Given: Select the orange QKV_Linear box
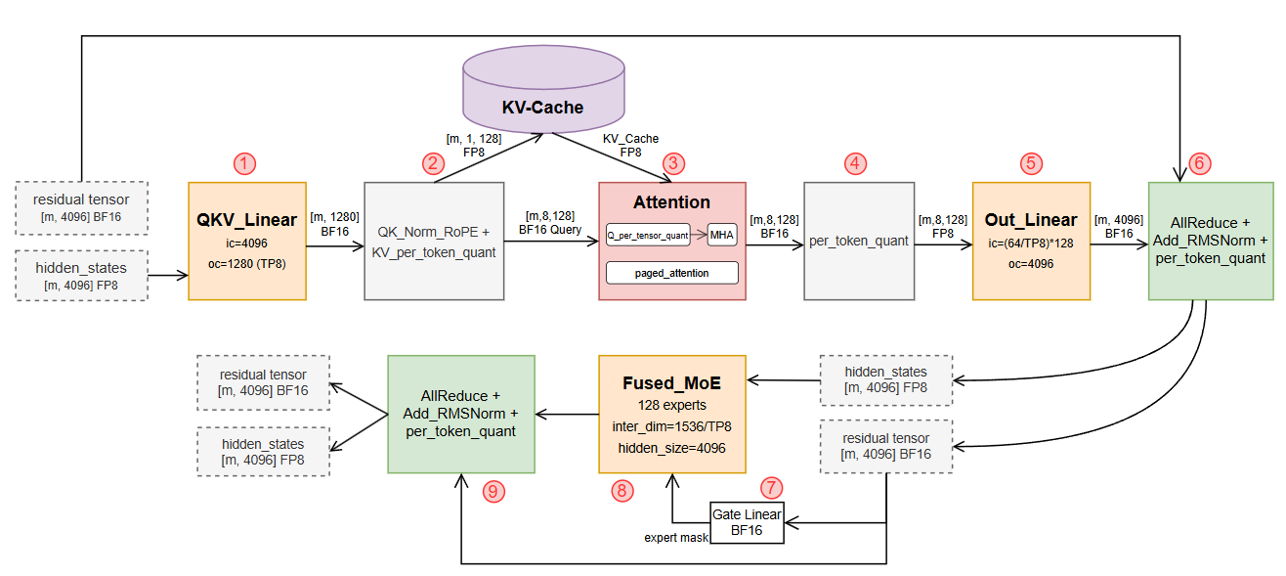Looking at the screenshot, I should [x=248, y=240].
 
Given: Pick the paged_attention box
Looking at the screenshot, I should [x=671, y=271].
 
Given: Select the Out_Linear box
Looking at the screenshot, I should [x=1030, y=240].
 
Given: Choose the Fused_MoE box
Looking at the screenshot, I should [x=672, y=413].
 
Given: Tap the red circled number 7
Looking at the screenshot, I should [x=772, y=486].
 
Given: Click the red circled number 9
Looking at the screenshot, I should [x=494, y=492].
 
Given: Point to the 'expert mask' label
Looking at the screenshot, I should [x=675, y=538].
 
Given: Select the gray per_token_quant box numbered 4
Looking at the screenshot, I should [x=859, y=240].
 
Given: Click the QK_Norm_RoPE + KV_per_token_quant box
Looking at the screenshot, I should [x=434, y=240].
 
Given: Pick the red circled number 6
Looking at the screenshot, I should [x=1201, y=162].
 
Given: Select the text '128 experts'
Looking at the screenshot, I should [x=671, y=404].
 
